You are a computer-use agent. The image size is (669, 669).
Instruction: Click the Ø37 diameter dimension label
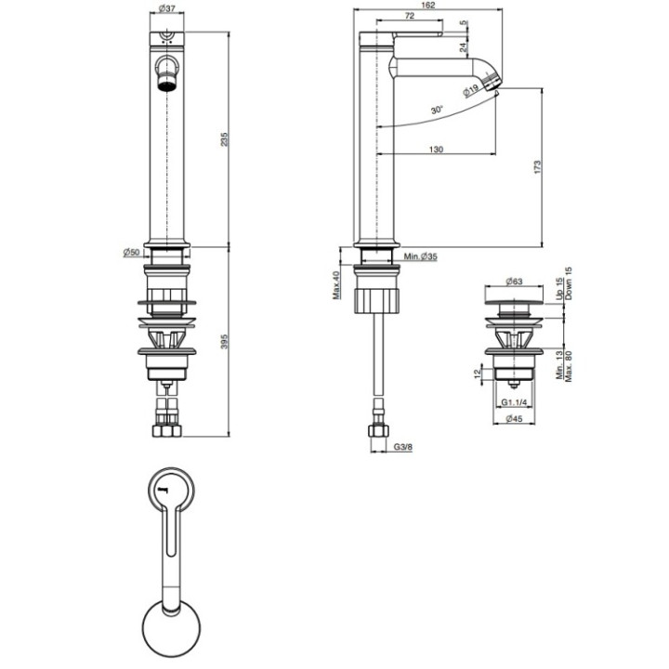(167, 8)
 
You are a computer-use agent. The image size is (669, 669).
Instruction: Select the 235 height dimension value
(225, 139)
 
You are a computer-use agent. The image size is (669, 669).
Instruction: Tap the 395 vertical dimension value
(225, 341)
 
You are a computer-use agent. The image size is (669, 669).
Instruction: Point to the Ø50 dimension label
(131, 252)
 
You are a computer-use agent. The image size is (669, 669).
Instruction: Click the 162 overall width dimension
(428, 6)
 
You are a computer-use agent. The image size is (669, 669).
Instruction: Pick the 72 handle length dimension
(409, 16)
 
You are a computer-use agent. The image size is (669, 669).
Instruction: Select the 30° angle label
(437, 110)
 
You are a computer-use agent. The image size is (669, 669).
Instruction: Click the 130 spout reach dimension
(436, 150)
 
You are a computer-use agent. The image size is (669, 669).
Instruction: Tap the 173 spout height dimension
(537, 166)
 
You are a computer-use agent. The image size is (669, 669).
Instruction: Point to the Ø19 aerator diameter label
(471, 91)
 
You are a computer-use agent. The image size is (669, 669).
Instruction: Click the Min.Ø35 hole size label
(421, 256)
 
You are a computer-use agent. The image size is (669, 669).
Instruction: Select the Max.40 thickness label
(336, 285)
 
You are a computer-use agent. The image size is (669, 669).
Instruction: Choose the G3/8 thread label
(402, 447)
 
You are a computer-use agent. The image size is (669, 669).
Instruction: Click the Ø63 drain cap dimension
(514, 282)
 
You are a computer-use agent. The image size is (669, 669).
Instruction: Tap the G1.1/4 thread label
(514, 402)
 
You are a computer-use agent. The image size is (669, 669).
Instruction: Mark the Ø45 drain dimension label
(514, 418)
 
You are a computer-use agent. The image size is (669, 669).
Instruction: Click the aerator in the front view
(167, 82)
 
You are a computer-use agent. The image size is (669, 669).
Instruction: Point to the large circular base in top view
(171, 629)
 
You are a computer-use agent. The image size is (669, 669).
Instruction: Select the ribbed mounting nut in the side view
(377, 300)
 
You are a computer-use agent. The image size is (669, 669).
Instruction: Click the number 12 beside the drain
(478, 374)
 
